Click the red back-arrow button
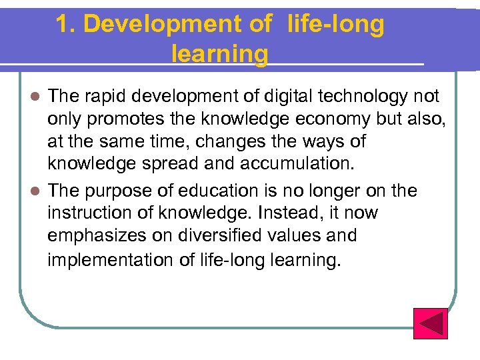pos(430,323)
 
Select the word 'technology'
pos(363,97)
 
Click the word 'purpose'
pos(123,192)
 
